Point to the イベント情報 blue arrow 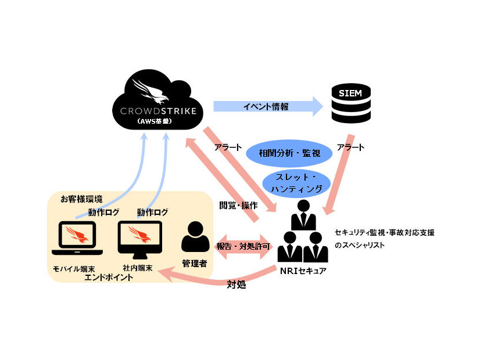click(267, 106)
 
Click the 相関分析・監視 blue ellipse click(289, 153)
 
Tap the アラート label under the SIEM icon click(350, 147)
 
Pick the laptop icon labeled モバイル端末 click(77, 239)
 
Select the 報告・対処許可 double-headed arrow click(243, 246)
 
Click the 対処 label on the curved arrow click(235, 285)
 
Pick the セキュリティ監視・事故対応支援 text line click(384, 232)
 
